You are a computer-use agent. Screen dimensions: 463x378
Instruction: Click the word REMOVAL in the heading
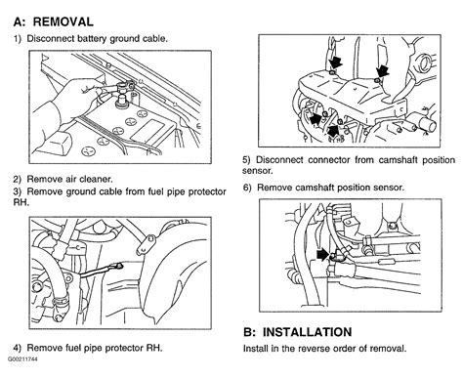[63, 21]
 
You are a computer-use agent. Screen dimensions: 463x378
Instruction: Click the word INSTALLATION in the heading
[307, 332]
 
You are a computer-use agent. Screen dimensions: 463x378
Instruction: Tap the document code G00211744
[22, 359]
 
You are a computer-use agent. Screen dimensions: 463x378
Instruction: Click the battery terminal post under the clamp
[122, 99]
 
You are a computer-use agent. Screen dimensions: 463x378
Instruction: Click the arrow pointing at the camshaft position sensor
[323, 254]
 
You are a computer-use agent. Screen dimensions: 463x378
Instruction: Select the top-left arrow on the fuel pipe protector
[335, 63]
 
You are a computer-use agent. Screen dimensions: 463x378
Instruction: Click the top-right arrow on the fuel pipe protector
[383, 71]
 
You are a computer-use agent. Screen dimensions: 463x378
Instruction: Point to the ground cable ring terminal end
[119, 266]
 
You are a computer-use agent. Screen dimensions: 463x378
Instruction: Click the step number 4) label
[18, 348]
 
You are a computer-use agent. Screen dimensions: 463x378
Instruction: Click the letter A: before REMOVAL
[20, 21]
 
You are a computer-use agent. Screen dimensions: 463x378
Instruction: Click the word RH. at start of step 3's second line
[21, 202]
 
